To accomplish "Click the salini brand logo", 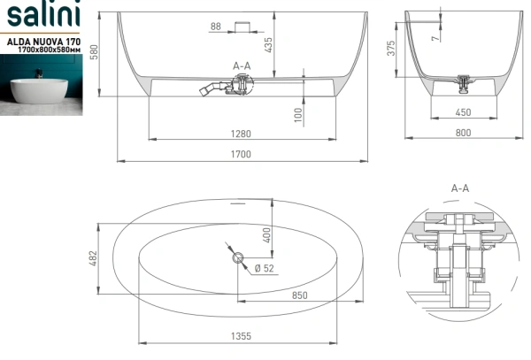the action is click(43, 14).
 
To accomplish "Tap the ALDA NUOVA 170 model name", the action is click(43, 42).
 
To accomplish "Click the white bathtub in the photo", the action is click(39, 90).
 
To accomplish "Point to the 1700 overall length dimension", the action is click(241, 154).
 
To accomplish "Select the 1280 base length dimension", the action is click(241, 134).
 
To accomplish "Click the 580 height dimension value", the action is click(94, 52).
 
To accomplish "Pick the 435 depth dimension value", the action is click(268, 45).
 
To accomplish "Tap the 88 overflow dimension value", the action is click(216, 26).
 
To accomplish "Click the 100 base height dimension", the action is click(298, 115).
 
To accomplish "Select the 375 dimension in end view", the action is click(391, 48).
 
